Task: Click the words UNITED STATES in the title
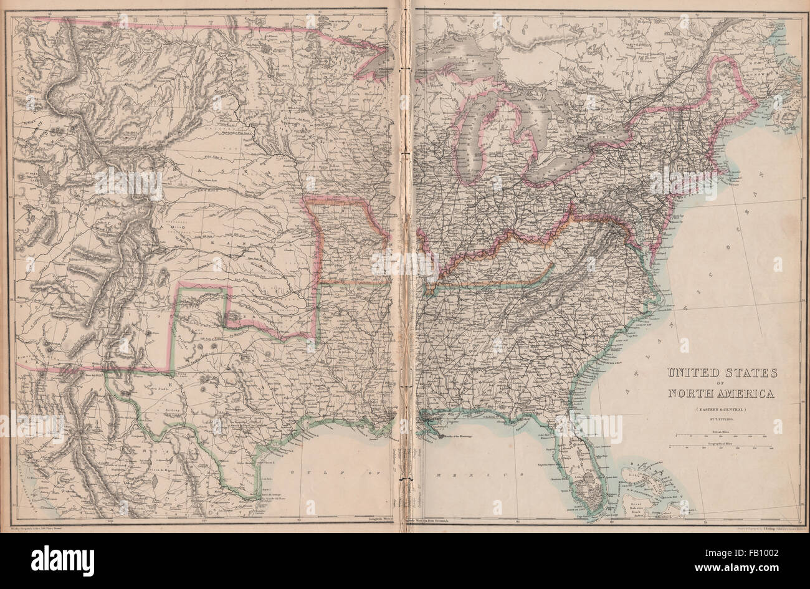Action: (x=722, y=373)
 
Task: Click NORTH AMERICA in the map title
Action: (x=721, y=393)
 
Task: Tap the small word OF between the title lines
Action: (x=722, y=383)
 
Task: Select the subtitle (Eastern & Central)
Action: (x=722, y=409)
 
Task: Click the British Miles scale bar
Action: (x=722, y=434)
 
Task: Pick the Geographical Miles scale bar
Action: (x=722, y=446)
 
